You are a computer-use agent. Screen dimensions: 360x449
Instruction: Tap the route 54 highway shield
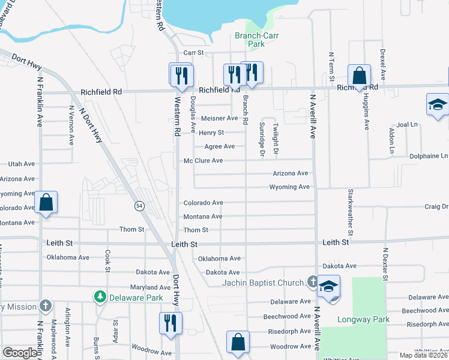click(139, 206)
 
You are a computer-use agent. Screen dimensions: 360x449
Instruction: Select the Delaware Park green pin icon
click(100, 296)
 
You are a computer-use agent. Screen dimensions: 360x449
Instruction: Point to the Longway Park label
click(364, 319)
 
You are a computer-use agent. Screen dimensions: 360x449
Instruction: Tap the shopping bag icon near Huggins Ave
click(359, 76)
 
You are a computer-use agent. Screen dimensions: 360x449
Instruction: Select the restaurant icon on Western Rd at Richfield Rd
click(180, 74)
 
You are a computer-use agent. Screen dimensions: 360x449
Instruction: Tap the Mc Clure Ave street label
click(203, 161)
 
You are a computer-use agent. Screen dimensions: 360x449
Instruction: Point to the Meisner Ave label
click(220, 118)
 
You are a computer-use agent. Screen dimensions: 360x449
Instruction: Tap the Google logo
click(20, 352)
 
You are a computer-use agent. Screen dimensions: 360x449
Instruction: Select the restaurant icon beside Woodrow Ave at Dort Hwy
click(170, 323)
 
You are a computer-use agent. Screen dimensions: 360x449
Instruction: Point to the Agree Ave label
click(220, 146)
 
